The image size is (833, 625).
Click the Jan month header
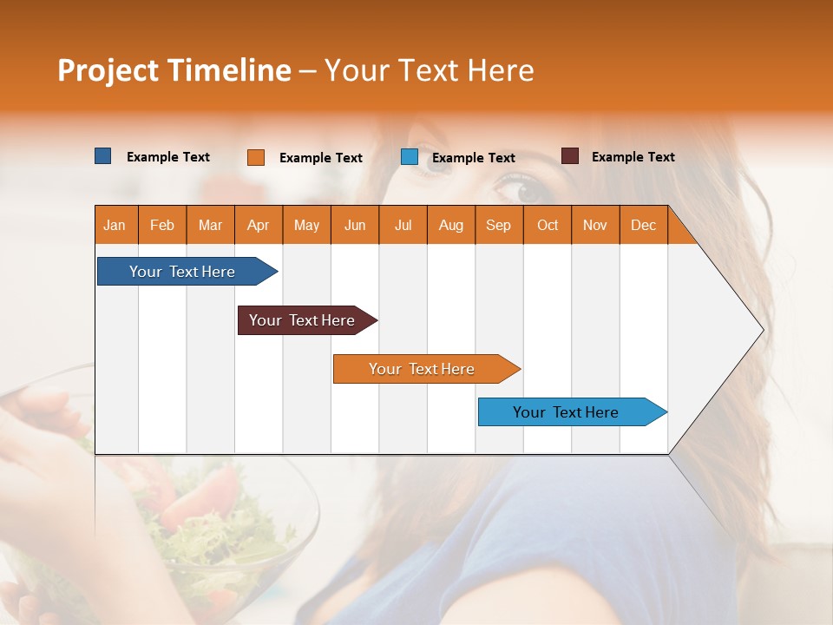click(115, 225)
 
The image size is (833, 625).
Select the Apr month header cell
click(259, 225)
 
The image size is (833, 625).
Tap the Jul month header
click(403, 225)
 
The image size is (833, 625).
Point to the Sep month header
click(499, 225)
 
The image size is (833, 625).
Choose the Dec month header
click(644, 225)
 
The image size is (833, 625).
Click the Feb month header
click(162, 225)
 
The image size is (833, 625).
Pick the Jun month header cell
click(355, 225)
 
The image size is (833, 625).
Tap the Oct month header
click(548, 225)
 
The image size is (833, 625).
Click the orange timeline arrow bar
click(423, 369)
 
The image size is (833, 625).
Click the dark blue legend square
click(103, 156)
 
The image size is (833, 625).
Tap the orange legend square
click(256, 157)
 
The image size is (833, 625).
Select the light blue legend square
click(410, 157)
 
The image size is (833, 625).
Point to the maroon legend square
click(570, 156)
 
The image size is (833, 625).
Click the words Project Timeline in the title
click(174, 70)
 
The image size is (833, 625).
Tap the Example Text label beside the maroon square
click(633, 156)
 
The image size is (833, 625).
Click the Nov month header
click(595, 225)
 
